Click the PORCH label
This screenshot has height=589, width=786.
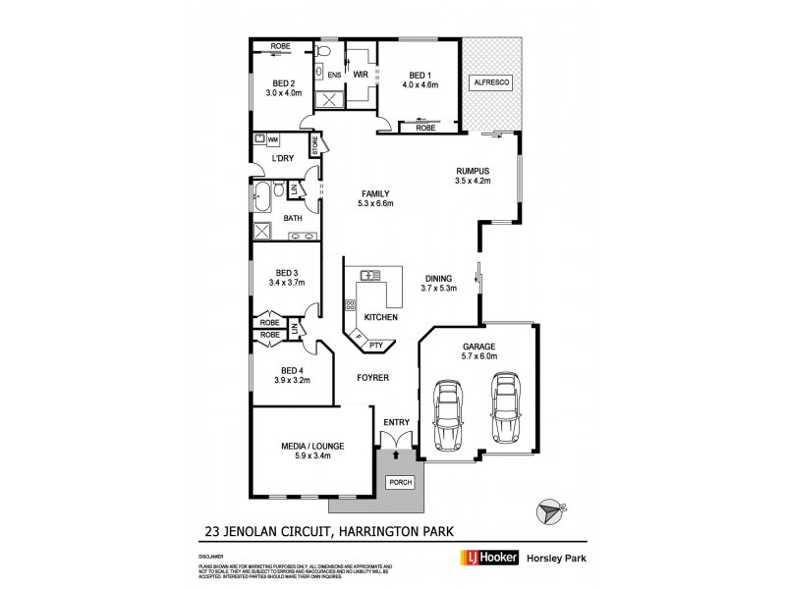[x=401, y=482]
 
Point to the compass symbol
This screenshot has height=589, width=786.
[x=549, y=512]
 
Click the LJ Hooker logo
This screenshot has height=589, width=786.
[x=489, y=557]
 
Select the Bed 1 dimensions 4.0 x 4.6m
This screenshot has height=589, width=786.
[x=420, y=86]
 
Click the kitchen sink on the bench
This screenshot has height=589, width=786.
[x=371, y=276]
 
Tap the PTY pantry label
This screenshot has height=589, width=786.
[x=375, y=346]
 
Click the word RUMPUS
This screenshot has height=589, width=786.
[x=472, y=170]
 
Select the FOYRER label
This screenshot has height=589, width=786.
[x=372, y=377]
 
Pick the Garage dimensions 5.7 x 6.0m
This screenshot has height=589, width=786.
[x=479, y=357]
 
